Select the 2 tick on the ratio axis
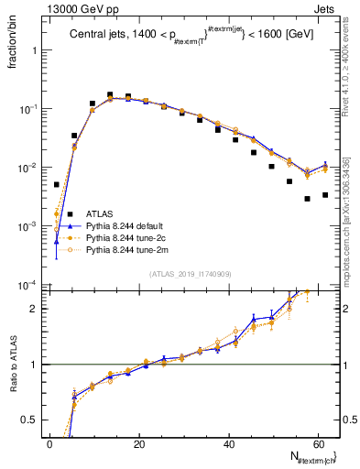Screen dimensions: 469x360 [39, 309]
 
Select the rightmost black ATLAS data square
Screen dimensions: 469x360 [325, 195]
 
